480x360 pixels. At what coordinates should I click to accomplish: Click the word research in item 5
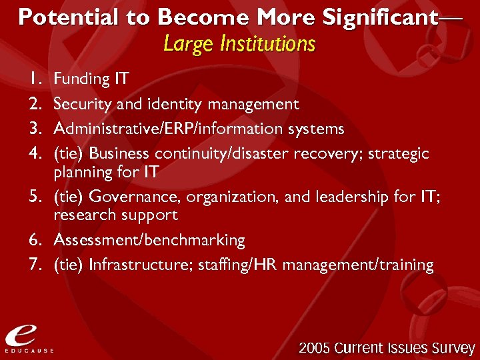click(83, 215)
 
